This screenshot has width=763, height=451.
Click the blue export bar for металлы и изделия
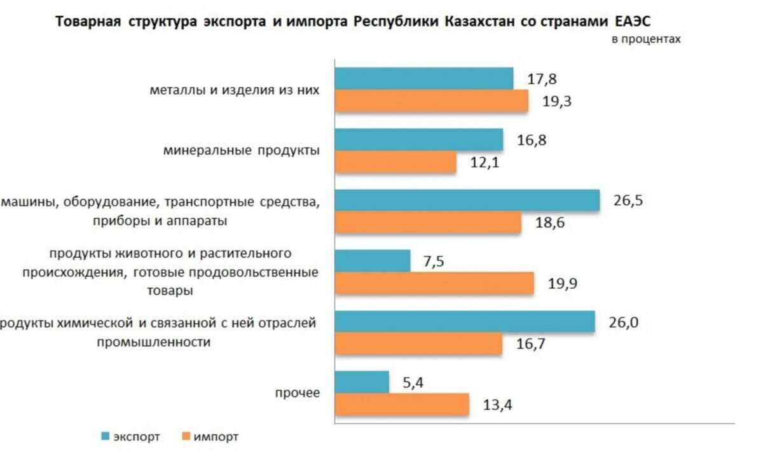click(423, 78)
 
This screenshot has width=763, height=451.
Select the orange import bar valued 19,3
click(431, 101)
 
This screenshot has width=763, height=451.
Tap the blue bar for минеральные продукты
click(418, 139)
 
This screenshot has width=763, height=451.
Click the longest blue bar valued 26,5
click(467, 200)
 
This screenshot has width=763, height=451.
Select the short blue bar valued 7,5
click(372, 261)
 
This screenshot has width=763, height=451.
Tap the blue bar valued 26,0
click(464, 322)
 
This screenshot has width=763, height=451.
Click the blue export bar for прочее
click(361, 382)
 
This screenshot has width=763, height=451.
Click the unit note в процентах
click(646, 39)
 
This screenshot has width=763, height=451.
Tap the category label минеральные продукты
click(240, 151)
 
